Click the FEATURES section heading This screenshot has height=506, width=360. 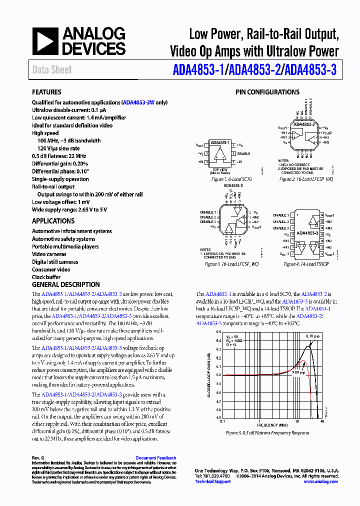pyautogui.click(x=46, y=92)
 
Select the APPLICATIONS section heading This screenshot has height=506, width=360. pyautogui.click(x=53, y=220)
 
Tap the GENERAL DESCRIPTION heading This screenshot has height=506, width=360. pyautogui.click(x=65, y=284)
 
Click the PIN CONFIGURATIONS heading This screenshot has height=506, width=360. pyautogui.click(x=267, y=92)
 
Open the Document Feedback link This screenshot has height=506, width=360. pyautogui.click(x=155, y=457)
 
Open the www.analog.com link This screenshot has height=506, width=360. pyautogui.click(x=320, y=481)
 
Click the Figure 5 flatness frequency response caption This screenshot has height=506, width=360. pyautogui.click(x=267, y=432)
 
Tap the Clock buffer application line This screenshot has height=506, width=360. pyautogui.click(x=46, y=277)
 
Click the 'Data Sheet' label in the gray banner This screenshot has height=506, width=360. pyautogui.click(x=52, y=70)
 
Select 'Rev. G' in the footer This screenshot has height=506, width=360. pyautogui.click(x=38, y=457)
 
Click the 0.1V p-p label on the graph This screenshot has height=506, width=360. pyautogui.click(x=314, y=336)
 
